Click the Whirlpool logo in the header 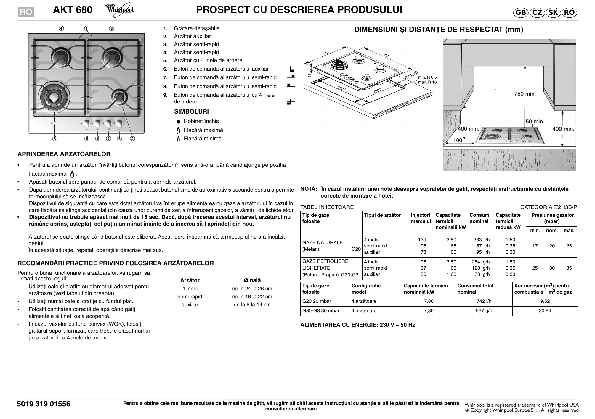[119, 9]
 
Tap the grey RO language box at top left [25, 12]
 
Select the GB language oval [520, 12]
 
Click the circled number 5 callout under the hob [55, 138]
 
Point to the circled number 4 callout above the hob [61, 28]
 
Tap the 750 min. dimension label [525, 94]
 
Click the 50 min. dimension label [535, 121]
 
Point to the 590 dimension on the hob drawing [385, 55]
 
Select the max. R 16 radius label [427, 82]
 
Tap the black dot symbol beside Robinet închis [178, 122]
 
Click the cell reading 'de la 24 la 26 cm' [252, 289]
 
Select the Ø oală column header [252, 280]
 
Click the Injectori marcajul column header [421, 218]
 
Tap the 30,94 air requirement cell [545, 311]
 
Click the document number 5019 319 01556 [44, 404]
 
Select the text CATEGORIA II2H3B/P [549, 207]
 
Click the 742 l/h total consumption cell [484, 301]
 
